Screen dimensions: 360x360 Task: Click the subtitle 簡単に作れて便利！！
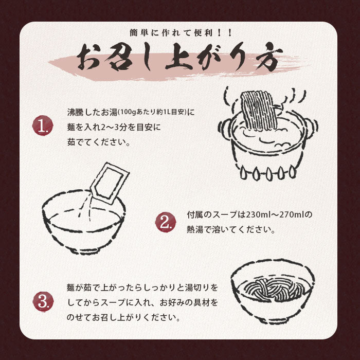[179, 33]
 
